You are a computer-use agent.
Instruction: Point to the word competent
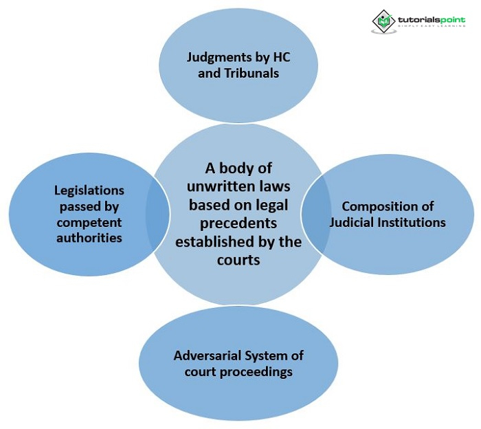click(x=90, y=222)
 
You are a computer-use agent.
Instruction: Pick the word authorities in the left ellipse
click(x=90, y=238)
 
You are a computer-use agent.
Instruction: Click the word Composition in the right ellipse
click(x=375, y=206)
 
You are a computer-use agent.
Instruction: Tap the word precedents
click(x=238, y=223)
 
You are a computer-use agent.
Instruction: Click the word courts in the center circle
click(x=238, y=260)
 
